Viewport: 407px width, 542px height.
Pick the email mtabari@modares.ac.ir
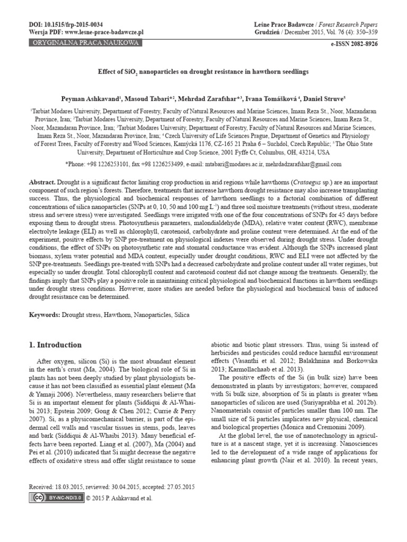coord(223,164)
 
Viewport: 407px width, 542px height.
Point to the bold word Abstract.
coord(42,181)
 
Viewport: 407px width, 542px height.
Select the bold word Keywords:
coord(45,315)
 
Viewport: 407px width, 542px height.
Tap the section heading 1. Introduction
coord(55,345)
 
